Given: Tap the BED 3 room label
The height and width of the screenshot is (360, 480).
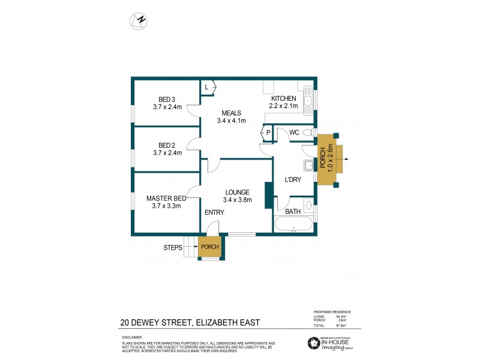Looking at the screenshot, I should (167, 100).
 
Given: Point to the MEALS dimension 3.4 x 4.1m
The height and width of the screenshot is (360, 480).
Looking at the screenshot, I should (232, 121).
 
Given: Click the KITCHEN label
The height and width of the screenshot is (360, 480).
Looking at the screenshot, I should (284, 98).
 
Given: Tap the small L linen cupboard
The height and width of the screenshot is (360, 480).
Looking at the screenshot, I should (207, 88).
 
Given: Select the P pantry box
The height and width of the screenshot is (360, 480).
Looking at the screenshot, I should (268, 133).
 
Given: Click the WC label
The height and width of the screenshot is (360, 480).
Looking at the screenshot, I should (294, 133).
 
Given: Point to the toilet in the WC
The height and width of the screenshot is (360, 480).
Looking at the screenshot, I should (308, 133).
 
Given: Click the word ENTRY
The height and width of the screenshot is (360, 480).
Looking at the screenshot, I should (214, 212).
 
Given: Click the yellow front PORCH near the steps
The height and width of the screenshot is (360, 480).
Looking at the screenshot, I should (209, 247).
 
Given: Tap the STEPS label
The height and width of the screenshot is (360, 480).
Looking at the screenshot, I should (173, 247).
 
